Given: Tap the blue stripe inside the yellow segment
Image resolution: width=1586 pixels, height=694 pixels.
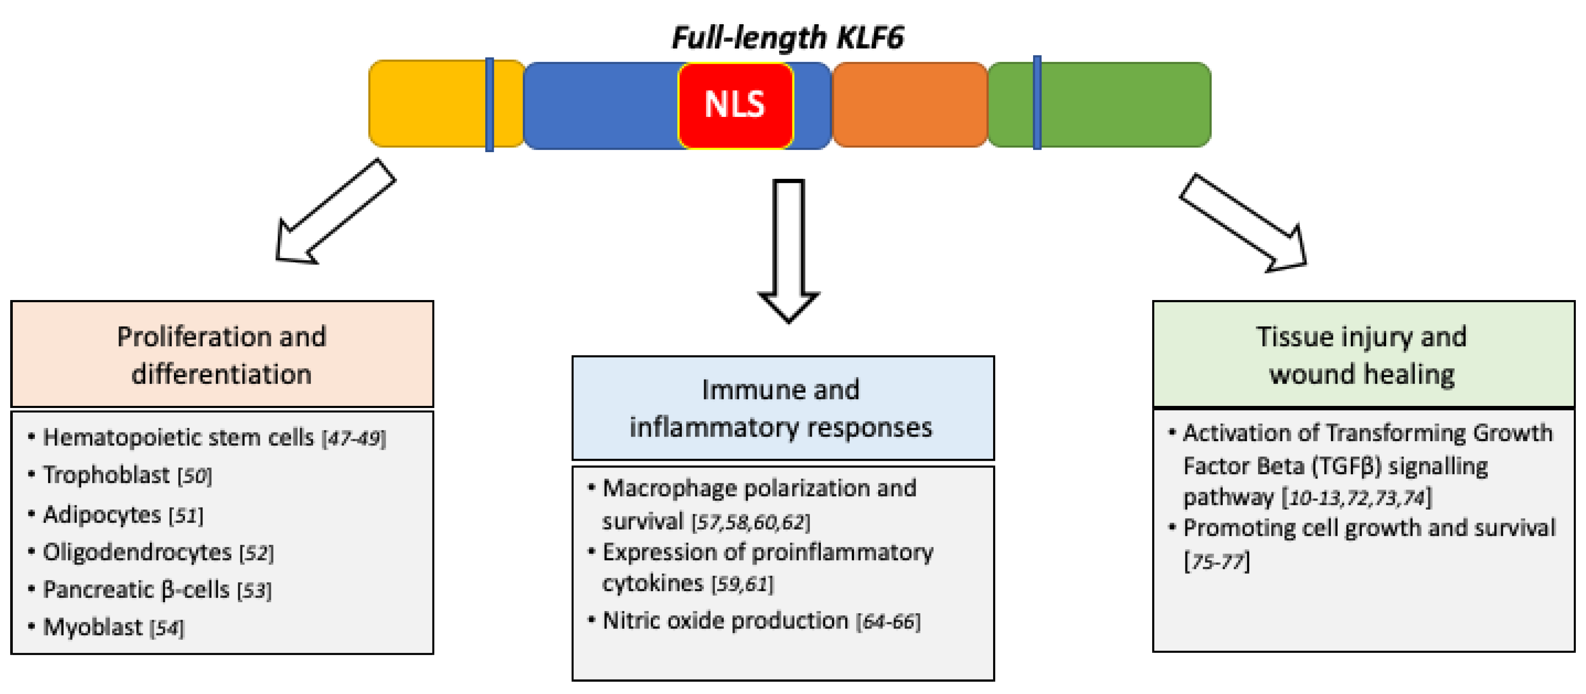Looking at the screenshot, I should [490, 105].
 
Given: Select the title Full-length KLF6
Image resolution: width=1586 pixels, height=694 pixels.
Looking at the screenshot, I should [787, 37].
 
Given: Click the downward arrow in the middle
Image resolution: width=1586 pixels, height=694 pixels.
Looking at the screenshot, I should [789, 249].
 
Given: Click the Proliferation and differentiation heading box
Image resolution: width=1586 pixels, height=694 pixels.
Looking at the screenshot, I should [222, 354].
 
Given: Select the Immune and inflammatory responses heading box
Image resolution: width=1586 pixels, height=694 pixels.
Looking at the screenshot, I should [783, 408].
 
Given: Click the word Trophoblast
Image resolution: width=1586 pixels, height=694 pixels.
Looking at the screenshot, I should [106, 475].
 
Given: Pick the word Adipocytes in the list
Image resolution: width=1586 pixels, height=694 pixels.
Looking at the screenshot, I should [102, 514].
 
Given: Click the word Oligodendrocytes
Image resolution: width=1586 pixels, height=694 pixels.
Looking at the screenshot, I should [137, 552].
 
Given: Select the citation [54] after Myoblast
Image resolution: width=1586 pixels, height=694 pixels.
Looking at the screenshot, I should [166, 628].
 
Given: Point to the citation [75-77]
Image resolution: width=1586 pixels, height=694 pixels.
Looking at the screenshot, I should [1216, 561].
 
